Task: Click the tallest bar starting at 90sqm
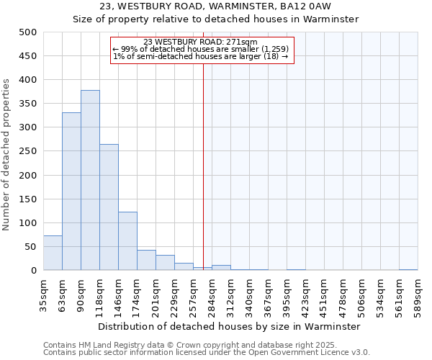pos(90,180)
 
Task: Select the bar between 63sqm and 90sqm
pos(71,192)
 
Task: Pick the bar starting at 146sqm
pos(127,241)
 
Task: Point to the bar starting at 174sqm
pos(146,260)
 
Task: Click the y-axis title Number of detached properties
pos(6,151)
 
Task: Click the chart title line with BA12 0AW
pos(215,7)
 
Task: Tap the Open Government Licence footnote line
pos(207,353)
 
